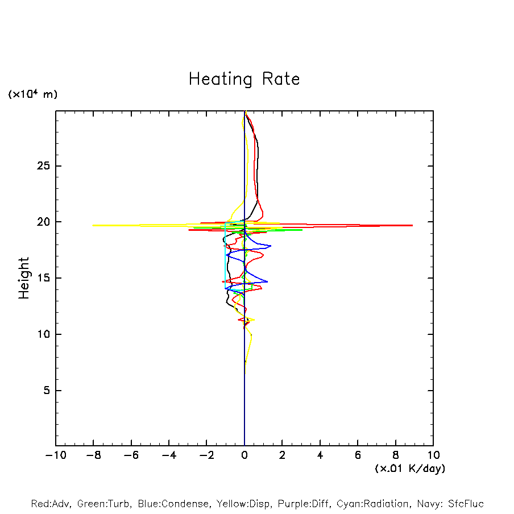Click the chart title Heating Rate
pos(244,78)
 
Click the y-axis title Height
pos(24,278)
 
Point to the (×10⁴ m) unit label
pos(32,94)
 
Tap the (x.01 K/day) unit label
pos(409,469)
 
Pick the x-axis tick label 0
pos(244,455)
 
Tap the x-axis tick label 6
pos(358,455)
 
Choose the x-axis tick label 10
pos(433,455)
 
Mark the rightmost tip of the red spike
pos(412,226)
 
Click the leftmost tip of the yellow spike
pos(93,225)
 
